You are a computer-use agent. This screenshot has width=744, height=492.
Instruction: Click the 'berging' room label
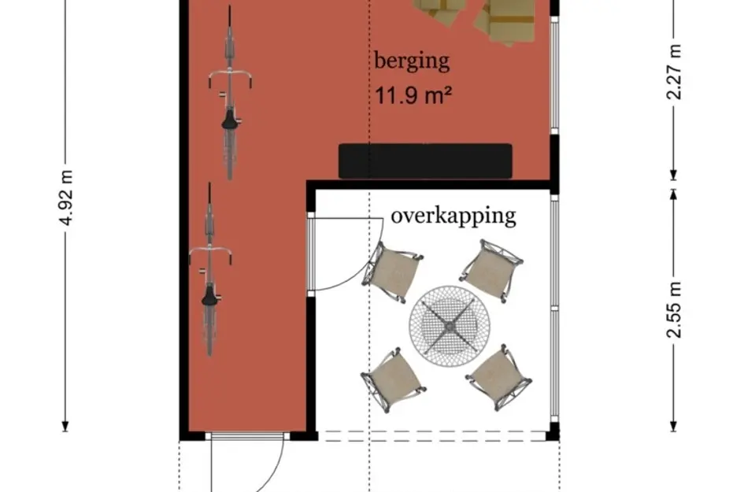pos(412,61)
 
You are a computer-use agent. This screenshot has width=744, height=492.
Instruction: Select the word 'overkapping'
pos(453,215)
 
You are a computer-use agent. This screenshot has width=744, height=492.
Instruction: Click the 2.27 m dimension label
pos(675,72)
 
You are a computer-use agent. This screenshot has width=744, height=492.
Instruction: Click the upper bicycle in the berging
pos(229,93)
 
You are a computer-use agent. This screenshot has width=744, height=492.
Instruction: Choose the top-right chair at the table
pos(490,268)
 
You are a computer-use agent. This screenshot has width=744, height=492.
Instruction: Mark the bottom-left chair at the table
pos(393,378)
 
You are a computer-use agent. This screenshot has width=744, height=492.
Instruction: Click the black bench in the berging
pos(425,161)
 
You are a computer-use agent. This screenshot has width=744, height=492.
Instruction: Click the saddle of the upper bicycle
pos(229,120)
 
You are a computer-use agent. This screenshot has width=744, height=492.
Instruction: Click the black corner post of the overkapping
pos(553,431)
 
